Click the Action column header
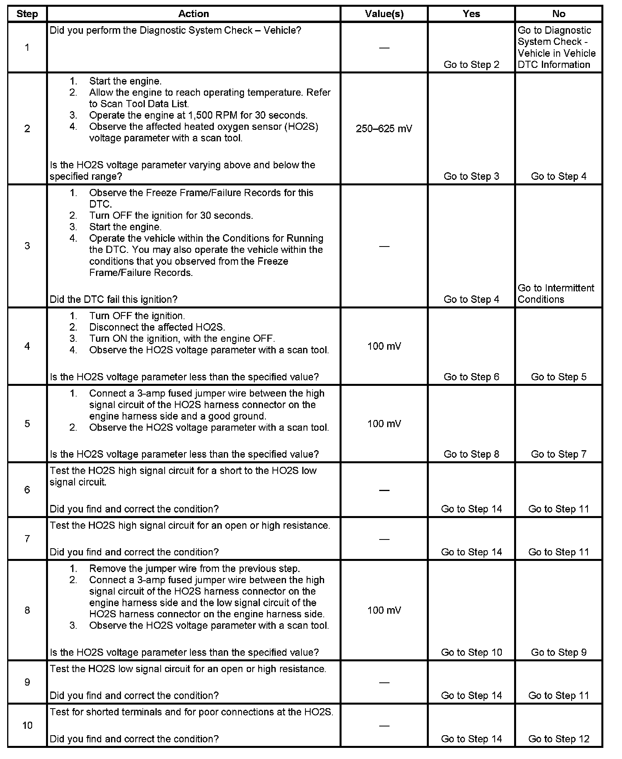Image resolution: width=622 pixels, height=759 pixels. click(x=193, y=14)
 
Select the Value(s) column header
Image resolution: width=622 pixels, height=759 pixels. click(x=384, y=14)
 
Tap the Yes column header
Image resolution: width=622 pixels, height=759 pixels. click(x=471, y=14)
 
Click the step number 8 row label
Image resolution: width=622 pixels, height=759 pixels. click(x=27, y=610)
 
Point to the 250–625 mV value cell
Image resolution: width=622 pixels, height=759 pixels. click(x=384, y=129)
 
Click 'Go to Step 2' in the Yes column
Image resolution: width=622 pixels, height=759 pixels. click(x=471, y=65)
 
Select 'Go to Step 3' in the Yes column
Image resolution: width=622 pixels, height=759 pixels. click(x=471, y=176)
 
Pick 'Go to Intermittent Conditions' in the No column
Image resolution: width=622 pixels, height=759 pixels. click(x=556, y=293)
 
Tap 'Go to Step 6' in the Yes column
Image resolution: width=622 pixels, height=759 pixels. click(x=471, y=377)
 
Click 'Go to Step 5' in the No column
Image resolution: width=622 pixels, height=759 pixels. click(x=559, y=377)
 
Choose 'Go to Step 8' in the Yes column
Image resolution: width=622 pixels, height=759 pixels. click(x=471, y=454)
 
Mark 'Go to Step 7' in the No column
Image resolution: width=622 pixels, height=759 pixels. click(x=559, y=454)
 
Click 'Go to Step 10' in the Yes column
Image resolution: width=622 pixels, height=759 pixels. click(x=471, y=652)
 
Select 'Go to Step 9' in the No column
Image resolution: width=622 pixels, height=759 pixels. click(x=559, y=652)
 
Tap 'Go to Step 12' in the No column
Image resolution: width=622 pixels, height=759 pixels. click(x=559, y=739)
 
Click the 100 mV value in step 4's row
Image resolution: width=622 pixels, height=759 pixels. click(x=384, y=346)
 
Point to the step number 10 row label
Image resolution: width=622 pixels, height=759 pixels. click(x=27, y=725)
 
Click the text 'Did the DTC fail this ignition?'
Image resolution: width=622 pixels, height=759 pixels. click(x=113, y=299)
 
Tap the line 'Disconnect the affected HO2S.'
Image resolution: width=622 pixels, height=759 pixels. click(x=157, y=327)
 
